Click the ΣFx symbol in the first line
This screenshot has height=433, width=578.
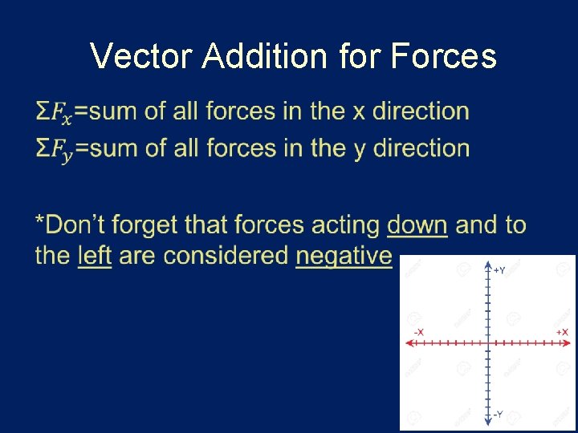pyautogui.click(x=54, y=113)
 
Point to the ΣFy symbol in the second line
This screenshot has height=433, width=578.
pyautogui.click(x=54, y=150)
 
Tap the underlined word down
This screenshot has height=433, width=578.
pyautogui.click(x=417, y=225)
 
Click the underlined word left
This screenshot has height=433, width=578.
pyautogui.click(x=94, y=256)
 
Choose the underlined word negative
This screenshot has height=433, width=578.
pyautogui.click(x=344, y=257)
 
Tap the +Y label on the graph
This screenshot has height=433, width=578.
pyautogui.click(x=499, y=271)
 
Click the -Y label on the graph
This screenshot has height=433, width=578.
pyautogui.click(x=498, y=415)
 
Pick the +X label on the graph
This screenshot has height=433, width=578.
pyautogui.click(x=562, y=332)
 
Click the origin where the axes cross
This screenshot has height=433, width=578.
pyautogui.click(x=488, y=342)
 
